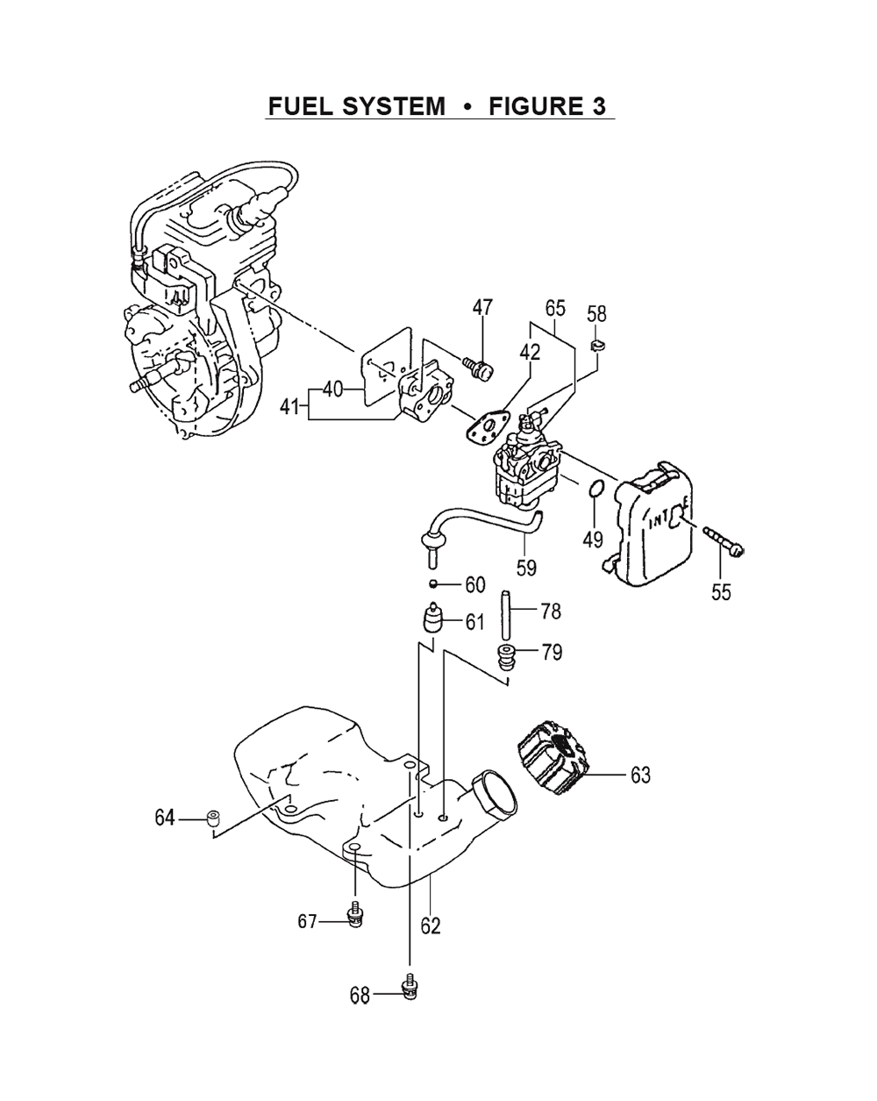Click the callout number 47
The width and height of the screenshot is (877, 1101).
pyautogui.click(x=482, y=307)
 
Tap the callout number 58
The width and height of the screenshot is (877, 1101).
pyautogui.click(x=596, y=314)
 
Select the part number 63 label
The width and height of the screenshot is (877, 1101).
pyautogui.click(x=640, y=776)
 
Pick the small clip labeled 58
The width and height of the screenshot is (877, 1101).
pyautogui.click(x=597, y=346)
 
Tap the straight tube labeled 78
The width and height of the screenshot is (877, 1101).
pyautogui.click(x=506, y=615)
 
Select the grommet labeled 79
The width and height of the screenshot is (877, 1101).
pyautogui.click(x=506, y=657)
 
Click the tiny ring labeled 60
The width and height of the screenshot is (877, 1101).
pyautogui.click(x=433, y=583)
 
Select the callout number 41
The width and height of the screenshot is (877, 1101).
pyautogui.click(x=290, y=407)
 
